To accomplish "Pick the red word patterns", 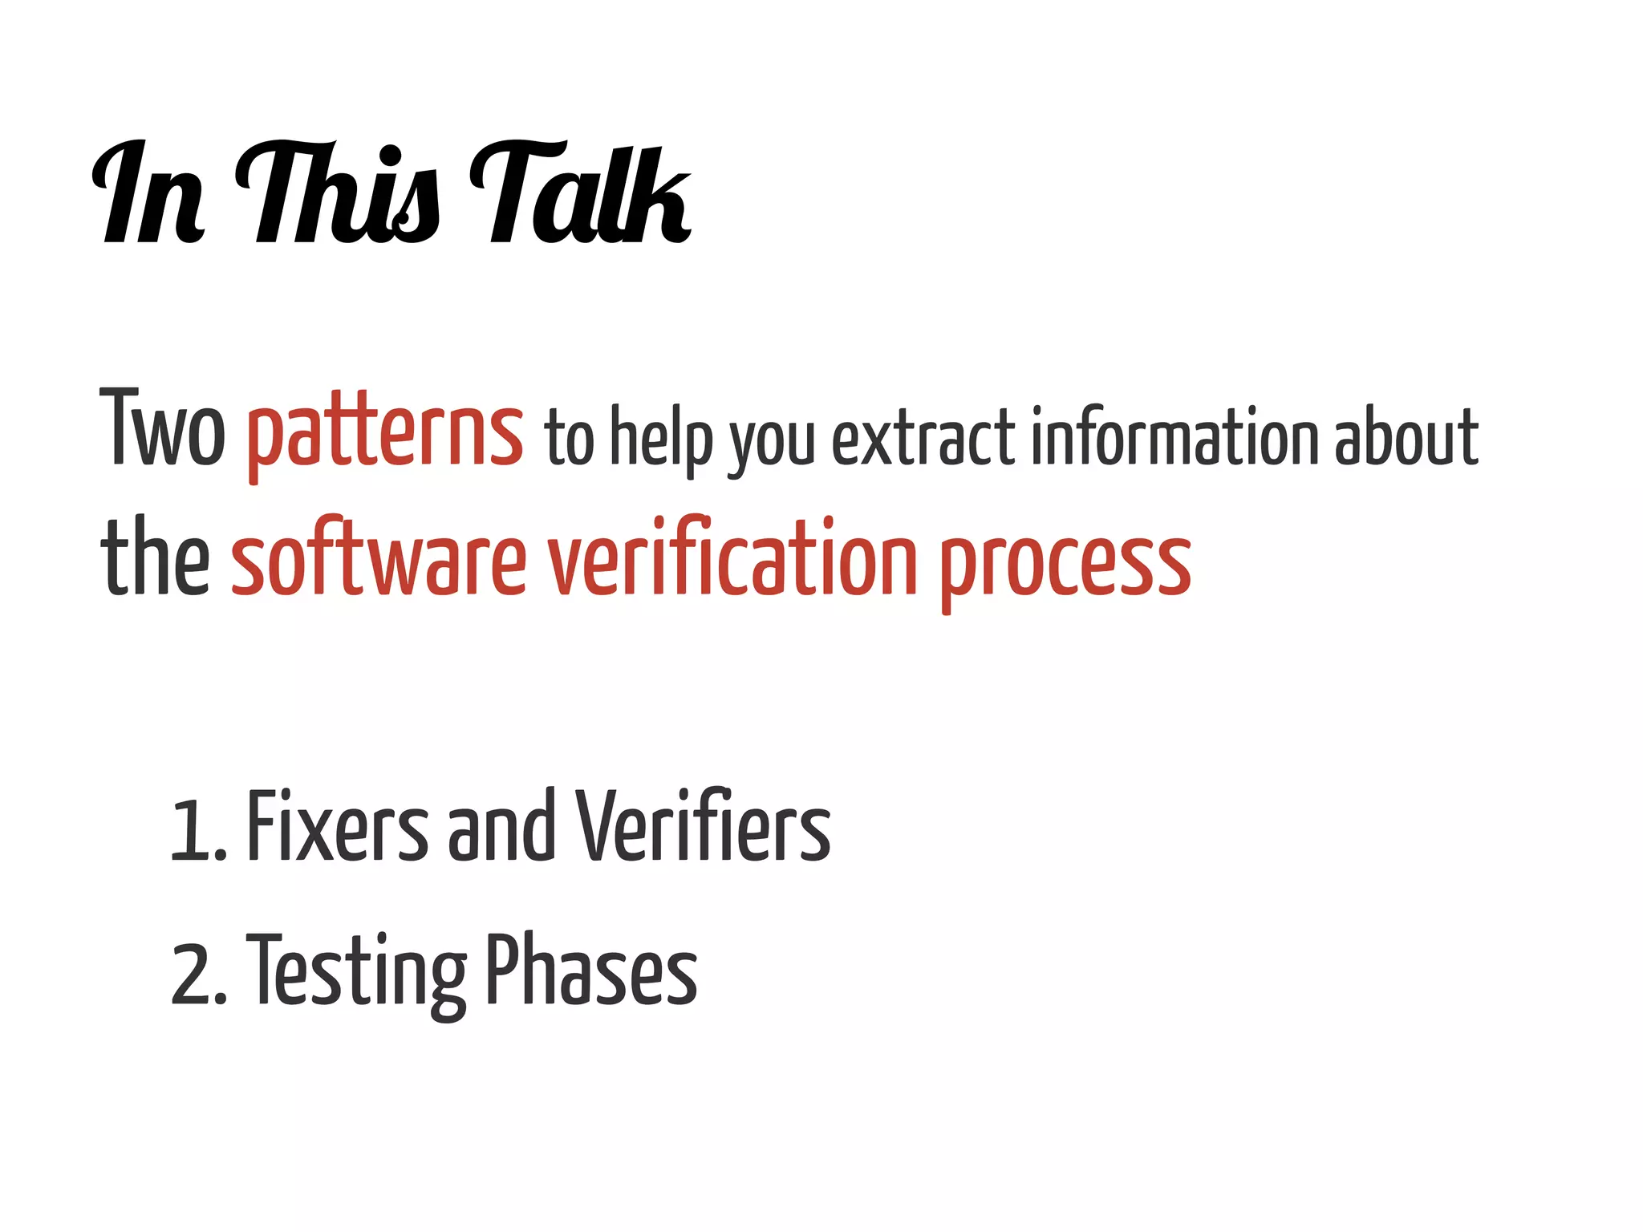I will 385,433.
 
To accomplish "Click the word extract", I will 923,438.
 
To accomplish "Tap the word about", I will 1406,436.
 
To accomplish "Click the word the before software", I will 156,557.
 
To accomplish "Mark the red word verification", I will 732,558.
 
